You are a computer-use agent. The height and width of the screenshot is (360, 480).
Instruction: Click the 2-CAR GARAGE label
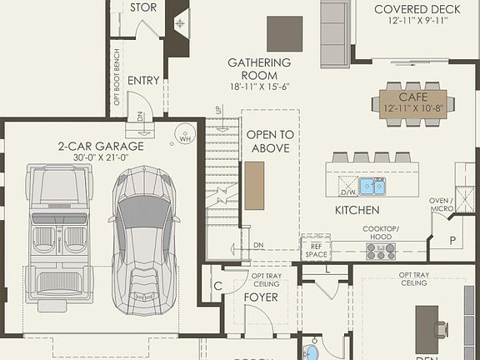point(101,146)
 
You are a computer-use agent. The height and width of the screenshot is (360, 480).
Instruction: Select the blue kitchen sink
point(372,185)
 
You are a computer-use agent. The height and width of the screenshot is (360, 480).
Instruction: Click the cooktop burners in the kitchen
point(380,250)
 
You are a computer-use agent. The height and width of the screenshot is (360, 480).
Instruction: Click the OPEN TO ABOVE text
point(270,142)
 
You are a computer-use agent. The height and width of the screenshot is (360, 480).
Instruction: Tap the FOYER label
point(260,297)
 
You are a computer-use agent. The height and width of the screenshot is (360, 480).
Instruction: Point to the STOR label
point(142,7)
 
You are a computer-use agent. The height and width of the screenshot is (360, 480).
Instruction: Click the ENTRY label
point(143,81)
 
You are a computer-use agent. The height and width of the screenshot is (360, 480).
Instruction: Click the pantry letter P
point(453,239)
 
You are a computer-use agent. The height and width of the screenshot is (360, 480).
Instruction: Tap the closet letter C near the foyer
point(217,286)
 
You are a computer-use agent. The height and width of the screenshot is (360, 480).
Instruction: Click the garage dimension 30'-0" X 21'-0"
point(101,157)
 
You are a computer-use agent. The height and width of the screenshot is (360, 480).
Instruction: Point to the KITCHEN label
point(357,211)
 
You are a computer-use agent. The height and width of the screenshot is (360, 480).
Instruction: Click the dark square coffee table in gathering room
point(284,33)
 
